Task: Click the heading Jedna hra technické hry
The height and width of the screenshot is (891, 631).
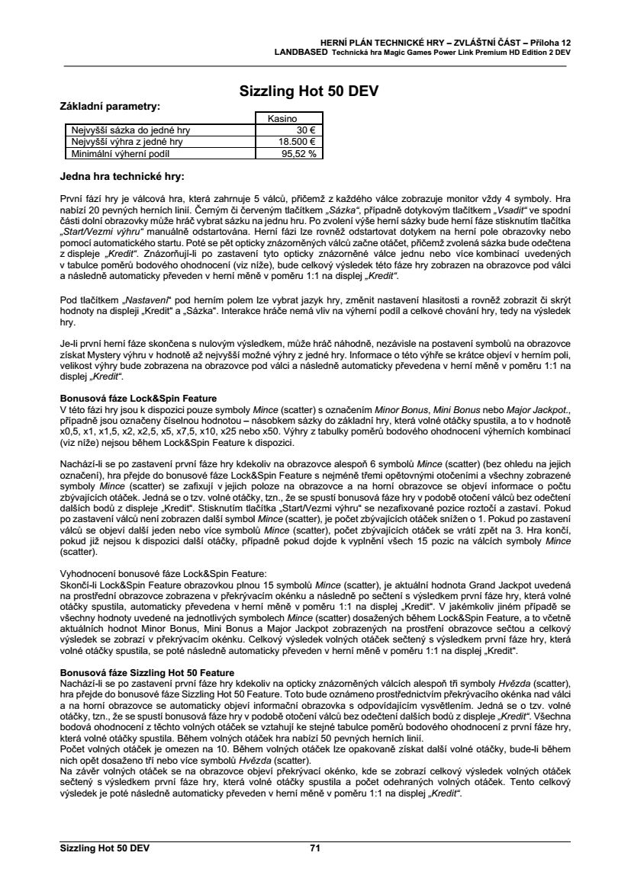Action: [x=122, y=177]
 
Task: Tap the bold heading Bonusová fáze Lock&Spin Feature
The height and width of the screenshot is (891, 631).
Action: [x=138, y=398]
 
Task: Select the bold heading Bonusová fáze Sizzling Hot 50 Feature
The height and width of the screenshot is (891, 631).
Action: [x=146, y=672]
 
